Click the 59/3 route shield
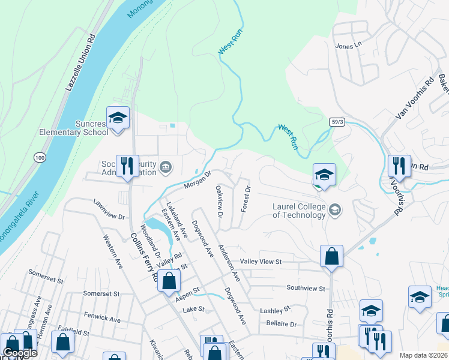point(338,121)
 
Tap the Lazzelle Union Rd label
point(81,63)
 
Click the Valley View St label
point(261,262)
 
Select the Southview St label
point(306,287)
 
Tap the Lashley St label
point(275,310)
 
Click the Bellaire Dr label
point(282,324)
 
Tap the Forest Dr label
point(244,198)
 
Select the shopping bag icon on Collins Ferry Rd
point(170,280)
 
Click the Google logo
point(20,353)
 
